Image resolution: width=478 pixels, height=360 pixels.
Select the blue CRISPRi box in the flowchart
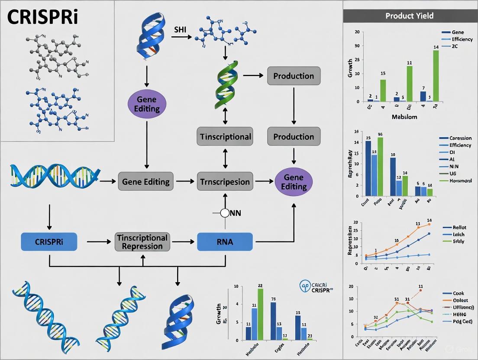click(x=48, y=242)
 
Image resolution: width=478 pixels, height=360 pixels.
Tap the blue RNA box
click(x=225, y=242)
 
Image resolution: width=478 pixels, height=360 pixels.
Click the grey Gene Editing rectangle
click(x=146, y=181)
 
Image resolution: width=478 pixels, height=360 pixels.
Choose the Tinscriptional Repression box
click(x=142, y=242)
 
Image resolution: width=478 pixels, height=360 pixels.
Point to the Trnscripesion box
click(x=225, y=181)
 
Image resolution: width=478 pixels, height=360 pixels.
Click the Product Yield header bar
click(x=410, y=16)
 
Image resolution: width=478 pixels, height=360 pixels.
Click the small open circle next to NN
click(x=225, y=213)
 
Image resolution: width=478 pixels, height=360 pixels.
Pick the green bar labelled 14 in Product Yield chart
click(x=436, y=76)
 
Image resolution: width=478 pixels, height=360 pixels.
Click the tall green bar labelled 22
click(x=260, y=314)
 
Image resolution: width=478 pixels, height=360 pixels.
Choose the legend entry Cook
click(x=458, y=293)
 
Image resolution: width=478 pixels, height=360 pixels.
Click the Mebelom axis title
click(x=404, y=117)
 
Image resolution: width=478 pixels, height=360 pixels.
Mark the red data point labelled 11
click(x=420, y=290)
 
